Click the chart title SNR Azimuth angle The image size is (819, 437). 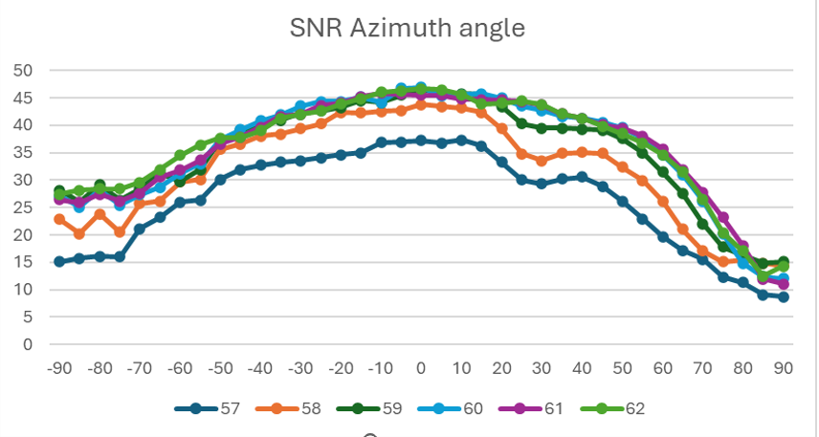(x=408, y=28)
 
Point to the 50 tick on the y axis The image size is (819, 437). (x=22, y=71)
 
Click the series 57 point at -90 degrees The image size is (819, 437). (x=59, y=261)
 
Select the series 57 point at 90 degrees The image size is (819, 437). (x=783, y=297)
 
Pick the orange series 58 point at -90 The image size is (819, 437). (x=59, y=219)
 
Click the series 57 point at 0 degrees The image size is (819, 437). (x=421, y=140)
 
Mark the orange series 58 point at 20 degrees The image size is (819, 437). (x=501, y=127)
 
